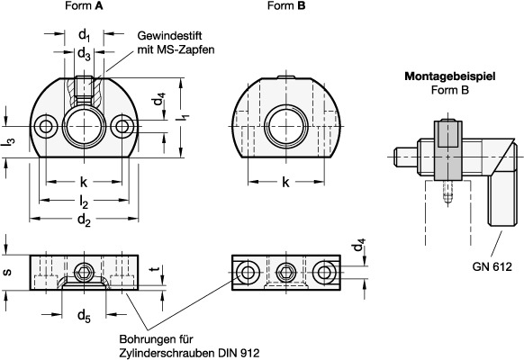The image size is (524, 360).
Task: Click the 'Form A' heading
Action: point(84,5)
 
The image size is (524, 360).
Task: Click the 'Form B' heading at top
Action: point(286,5)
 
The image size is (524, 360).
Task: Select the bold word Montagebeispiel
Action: point(450,76)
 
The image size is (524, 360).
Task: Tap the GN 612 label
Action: point(492,266)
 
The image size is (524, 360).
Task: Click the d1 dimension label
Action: point(85,35)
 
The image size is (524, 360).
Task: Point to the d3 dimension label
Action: point(84,54)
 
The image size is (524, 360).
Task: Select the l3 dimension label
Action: point(9,142)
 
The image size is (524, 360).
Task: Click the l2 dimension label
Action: point(84,202)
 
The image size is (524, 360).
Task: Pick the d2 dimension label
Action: point(84,220)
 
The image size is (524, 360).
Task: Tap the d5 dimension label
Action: point(84,316)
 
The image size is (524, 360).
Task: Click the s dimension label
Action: point(7,272)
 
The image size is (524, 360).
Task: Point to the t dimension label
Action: point(154,268)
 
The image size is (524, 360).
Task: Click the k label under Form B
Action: point(285,182)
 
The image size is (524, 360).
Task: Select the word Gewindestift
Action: point(170,36)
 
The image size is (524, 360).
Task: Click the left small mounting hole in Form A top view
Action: point(46,126)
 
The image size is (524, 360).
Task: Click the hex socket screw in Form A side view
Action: point(83,273)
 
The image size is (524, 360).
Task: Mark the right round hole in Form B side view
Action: point(323,273)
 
